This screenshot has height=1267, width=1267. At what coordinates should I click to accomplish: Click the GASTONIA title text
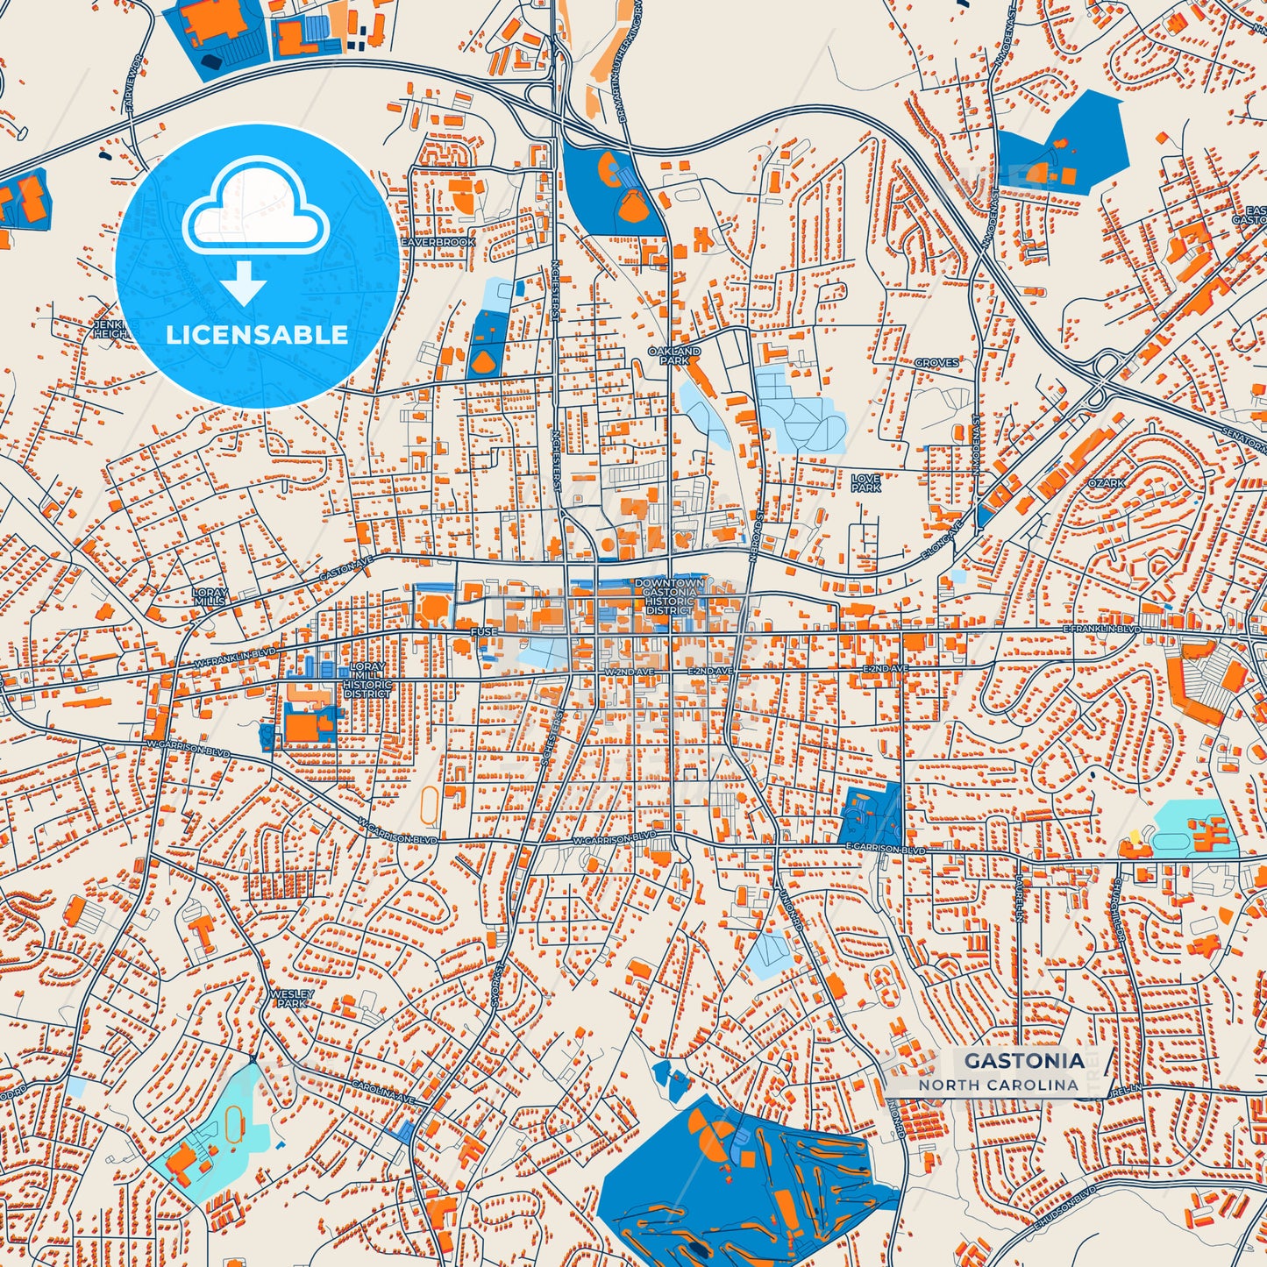[1023, 1060]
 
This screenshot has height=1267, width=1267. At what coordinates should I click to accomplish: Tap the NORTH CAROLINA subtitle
[998, 1085]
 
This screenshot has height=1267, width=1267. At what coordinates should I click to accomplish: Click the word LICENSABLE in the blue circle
[257, 334]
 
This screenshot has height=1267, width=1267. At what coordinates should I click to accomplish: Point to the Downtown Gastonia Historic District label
[669, 596]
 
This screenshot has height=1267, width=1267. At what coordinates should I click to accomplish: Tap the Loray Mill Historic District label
[367, 680]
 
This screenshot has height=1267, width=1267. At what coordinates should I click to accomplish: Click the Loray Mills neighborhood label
[210, 597]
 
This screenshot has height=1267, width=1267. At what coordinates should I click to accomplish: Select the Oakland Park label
[674, 355]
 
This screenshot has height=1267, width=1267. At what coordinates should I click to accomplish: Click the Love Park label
[865, 483]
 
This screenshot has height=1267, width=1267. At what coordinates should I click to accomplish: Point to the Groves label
[936, 362]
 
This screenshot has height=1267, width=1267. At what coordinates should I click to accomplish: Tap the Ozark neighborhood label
[1106, 483]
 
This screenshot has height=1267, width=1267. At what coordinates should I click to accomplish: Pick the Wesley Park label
[291, 998]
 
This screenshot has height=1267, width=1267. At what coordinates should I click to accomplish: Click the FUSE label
[483, 631]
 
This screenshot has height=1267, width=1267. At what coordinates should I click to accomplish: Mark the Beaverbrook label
[438, 242]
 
